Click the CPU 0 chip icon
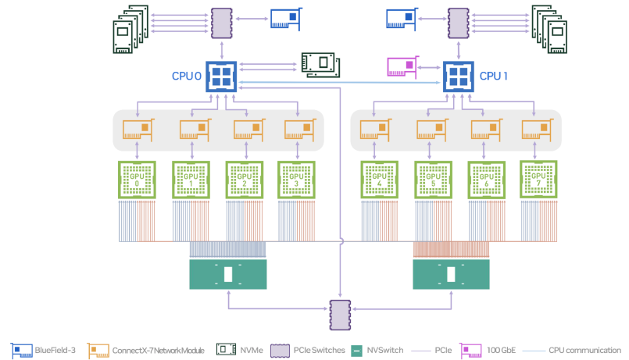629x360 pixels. click(x=222, y=77)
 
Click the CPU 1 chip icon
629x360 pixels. click(x=459, y=77)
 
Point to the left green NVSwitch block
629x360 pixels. click(x=228, y=275)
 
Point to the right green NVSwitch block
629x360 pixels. click(x=451, y=275)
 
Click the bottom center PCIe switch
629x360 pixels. click(x=341, y=312)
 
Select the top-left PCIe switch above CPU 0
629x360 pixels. click(x=222, y=23)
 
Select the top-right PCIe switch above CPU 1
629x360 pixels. click(x=459, y=23)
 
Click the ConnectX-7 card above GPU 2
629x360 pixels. click(x=245, y=129)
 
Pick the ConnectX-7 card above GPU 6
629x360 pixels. click(x=486, y=129)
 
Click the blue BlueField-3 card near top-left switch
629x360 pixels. click(x=285, y=20)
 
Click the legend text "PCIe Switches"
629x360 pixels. click(x=319, y=350)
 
